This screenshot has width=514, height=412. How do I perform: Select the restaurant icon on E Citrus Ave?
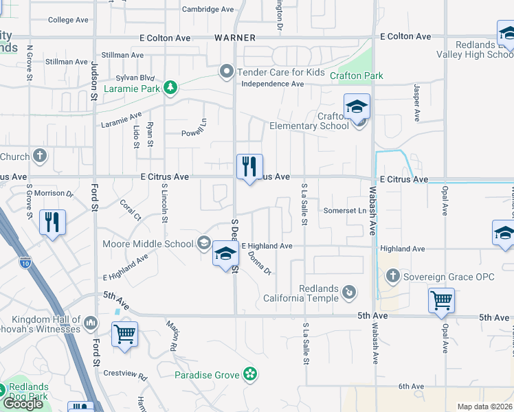pyautogui.click(x=249, y=167)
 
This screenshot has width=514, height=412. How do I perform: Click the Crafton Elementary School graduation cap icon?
pyautogui.click(x=357, y=108)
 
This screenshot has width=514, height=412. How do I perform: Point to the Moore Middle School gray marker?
pyautogui.click(x=204, y=242)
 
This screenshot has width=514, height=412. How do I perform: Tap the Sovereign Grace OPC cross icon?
pyautogui.click(x=392, y=277)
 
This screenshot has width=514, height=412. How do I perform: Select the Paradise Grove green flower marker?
pyautogui.click(x=251, y=374)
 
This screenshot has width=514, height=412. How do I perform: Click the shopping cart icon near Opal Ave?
pyautogui.click(x=441, y=300)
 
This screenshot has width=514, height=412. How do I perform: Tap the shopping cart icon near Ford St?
pyautogui.click(x=124, y=334)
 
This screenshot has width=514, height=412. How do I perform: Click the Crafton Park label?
pyautogui.click(x=356, y=76)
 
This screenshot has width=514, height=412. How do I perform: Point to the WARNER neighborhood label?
pyautogui.click(x=235, y=37)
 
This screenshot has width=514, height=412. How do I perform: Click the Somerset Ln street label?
pyautogui.click(x=345, y=211)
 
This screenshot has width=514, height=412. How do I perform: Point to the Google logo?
pyautogui.click(x=22, y=404)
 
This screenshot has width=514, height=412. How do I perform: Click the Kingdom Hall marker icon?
pyautogui.click(x=91, y=322)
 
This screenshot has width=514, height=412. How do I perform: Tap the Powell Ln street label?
pyautogui.click(x=194, y=133)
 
